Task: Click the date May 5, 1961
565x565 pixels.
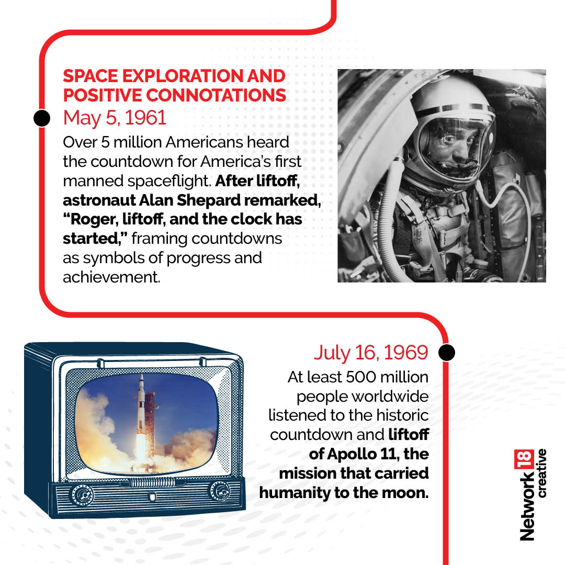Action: pos(115,118)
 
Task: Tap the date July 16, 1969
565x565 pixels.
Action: pos(371,353)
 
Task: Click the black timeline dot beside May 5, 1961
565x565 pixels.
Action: pos(42,118)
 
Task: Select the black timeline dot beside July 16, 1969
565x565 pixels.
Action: pos(447,353)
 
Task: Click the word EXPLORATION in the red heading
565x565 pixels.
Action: pos(183,76)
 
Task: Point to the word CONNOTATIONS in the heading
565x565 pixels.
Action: pos(216,95)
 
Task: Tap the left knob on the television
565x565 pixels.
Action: pos(83,496)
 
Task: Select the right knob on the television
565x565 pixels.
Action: pos(221,491)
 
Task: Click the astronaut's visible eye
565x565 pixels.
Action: pos(448,140)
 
